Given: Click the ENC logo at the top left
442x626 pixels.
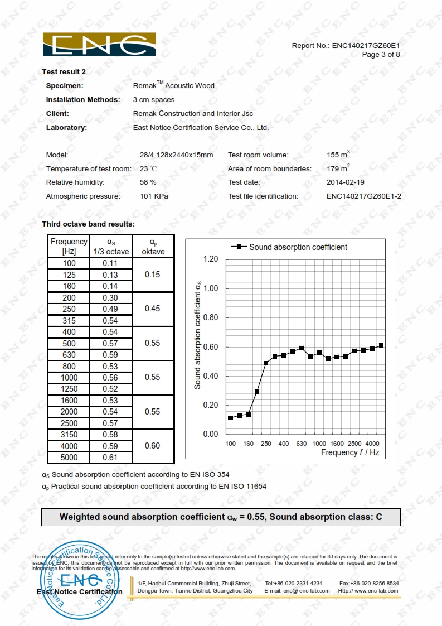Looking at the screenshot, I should [x=99, y=45].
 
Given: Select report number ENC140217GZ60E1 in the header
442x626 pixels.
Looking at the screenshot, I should [x=366, y=45].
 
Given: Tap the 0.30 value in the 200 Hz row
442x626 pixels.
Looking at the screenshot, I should [x=110, y=298].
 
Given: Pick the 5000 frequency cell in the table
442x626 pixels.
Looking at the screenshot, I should [x=69, y=458].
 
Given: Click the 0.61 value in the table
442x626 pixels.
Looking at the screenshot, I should [x=110, y=458].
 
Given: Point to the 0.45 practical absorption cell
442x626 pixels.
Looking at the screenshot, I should [x=152, y=309].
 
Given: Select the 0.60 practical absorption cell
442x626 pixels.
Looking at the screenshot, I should [x=152, y=446].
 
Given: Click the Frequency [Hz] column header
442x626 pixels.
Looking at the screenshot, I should [x=69, y=246].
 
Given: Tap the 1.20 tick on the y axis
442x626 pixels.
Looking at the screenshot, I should [x=211, y=259].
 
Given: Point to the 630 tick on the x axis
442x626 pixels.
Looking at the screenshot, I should [x=302, y=444].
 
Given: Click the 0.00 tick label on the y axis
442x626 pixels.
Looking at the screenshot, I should [x=211, y=434].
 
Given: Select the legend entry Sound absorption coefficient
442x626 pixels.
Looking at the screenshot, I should [x=298, y=247].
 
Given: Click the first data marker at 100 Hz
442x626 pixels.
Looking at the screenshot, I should [x=231, y=418].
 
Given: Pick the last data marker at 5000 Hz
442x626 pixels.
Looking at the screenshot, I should [x=381, y=346].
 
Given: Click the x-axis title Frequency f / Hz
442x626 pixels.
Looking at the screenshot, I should [x=349, y=452].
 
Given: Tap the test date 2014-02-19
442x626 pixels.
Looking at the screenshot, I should [x=346, y=182].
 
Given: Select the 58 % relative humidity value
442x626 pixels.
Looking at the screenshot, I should [x=148, y=182].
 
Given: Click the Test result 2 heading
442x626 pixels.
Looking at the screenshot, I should [x=64, y=72].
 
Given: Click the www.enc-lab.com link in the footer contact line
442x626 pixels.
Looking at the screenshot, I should [x=376, y=590].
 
